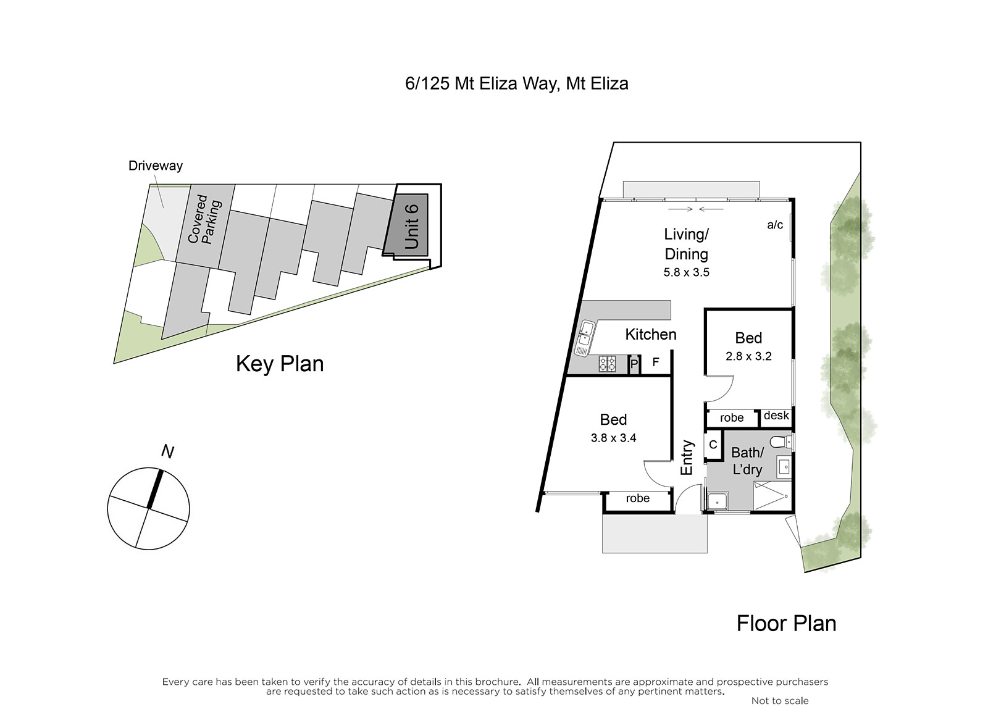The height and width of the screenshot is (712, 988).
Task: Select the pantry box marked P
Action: click(634, 364)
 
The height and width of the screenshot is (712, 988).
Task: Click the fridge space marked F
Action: click(656, 362)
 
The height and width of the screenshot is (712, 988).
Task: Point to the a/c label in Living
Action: click(775, 225)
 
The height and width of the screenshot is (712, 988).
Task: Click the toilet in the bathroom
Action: click(781, 442)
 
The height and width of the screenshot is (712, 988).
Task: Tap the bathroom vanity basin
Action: click(785, 467)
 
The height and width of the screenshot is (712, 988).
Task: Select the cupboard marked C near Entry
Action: click(713, 445)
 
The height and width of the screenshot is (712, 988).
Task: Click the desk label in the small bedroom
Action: click(776, 416)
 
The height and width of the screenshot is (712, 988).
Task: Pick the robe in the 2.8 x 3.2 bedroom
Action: click(732, 418)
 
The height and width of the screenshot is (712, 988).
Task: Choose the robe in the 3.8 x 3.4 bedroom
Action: click(638, 498)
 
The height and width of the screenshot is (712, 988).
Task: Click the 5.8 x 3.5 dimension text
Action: click(686, 272)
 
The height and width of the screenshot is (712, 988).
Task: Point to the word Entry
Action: click(687, 457)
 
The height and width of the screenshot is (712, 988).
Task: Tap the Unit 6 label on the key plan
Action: click(411, 226)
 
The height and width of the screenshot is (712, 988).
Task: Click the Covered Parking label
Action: click(204, 219)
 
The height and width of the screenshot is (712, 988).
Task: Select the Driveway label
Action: click(155, 166)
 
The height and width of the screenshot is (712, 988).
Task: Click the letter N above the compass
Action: click(167, 451)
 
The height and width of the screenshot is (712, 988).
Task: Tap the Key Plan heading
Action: click(280, 364)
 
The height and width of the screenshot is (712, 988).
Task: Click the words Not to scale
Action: click(780, 700)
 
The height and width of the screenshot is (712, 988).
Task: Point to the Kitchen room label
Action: click(651, 334)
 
